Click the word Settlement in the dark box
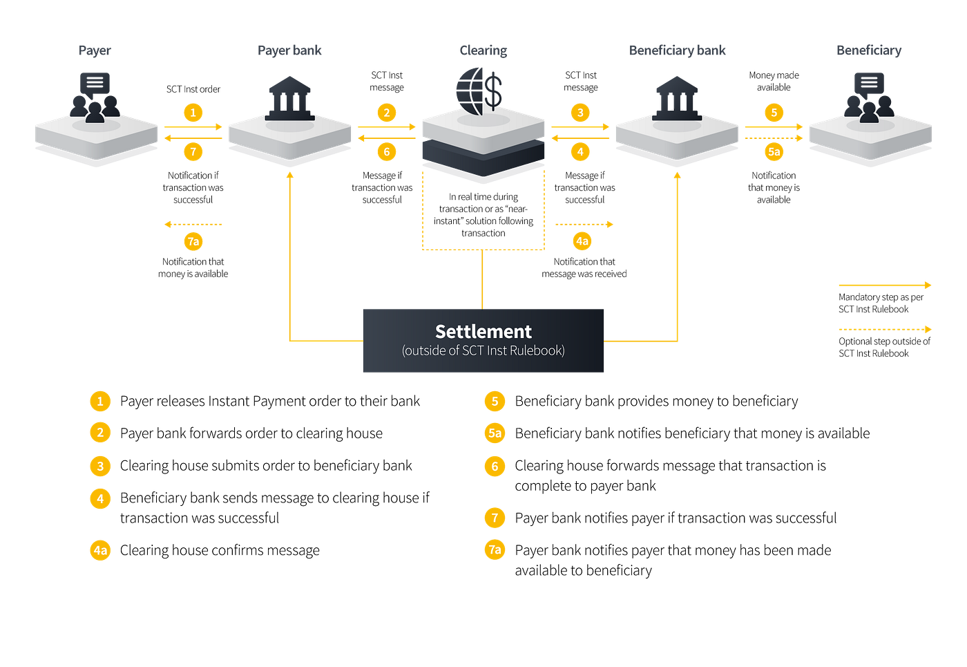(483, 332)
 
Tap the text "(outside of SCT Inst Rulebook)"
(483, 351)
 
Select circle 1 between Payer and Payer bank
(193, 113)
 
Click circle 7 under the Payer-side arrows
(193, 151)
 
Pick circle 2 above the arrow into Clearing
(387, 113)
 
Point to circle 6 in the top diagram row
(387, 151)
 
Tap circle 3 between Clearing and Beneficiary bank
(580, 113)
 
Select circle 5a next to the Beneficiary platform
(774, 151)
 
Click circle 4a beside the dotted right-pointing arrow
(582, 241)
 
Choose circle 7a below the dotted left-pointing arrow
(193, 241)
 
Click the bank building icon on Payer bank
(290, 97)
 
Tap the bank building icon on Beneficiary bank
(677, 97)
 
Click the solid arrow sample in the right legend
(884, 285)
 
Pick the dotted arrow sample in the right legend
(884, 330)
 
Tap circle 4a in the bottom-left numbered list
(100, 550)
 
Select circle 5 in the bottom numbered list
(495, 401)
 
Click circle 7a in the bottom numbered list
(495, 549)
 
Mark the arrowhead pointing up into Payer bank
(290, 176)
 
